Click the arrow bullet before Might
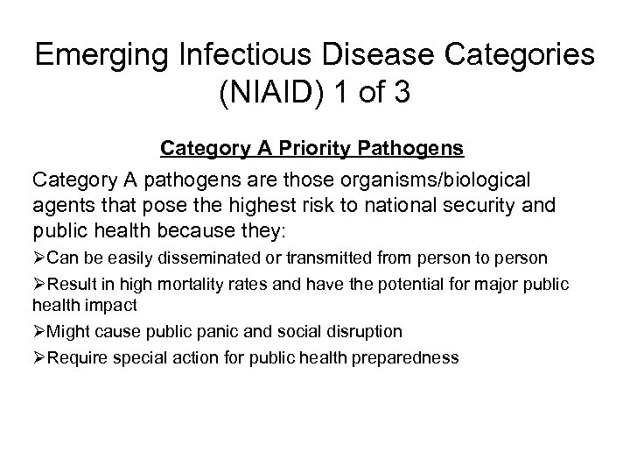[38, 332]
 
